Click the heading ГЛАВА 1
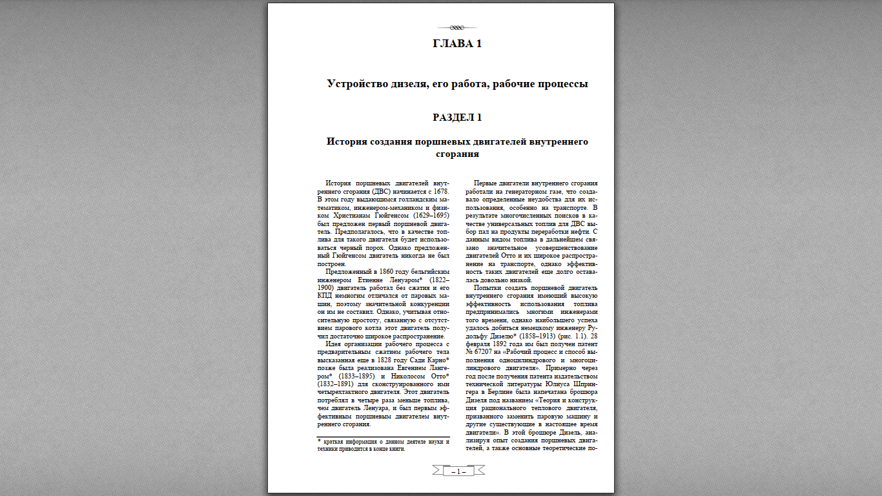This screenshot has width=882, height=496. tap(457, 44)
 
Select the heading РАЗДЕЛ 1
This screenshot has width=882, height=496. tap(457, 118)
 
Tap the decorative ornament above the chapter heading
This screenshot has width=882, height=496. tap(457, 28)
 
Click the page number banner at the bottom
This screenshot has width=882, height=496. tap(458, 471)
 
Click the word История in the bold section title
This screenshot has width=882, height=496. tap(351, 141)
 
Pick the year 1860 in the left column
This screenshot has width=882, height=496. tap(385, 273)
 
